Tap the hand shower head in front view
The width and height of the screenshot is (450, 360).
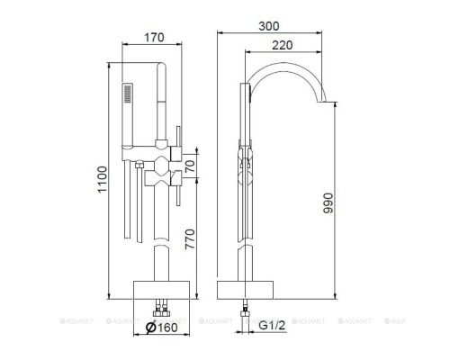coord(130,93)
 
